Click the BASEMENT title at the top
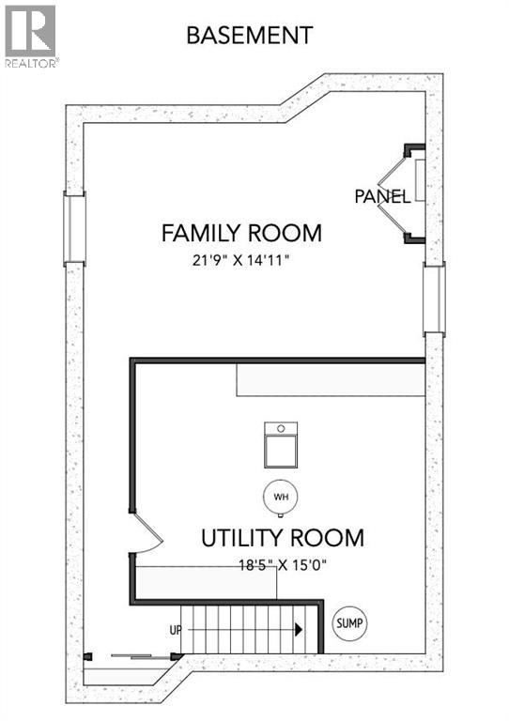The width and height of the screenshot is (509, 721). coord(249,36)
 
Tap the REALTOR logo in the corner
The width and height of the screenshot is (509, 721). coord(30,37)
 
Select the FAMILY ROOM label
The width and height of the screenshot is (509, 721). coord(241,233)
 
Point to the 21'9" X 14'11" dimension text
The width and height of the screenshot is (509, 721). coord(241,258)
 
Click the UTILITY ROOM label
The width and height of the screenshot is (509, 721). coord(283,538)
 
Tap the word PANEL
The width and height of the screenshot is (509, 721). coord(381,197)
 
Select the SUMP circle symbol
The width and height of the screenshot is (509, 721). coord(350,622)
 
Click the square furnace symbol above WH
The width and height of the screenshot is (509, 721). coord(279,445)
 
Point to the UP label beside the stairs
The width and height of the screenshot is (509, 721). coord(175,630)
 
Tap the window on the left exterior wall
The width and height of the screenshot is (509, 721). coord(74,226)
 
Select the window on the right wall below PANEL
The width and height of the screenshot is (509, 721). coord(434,299)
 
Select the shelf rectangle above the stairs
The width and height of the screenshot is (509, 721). coord(207,582)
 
